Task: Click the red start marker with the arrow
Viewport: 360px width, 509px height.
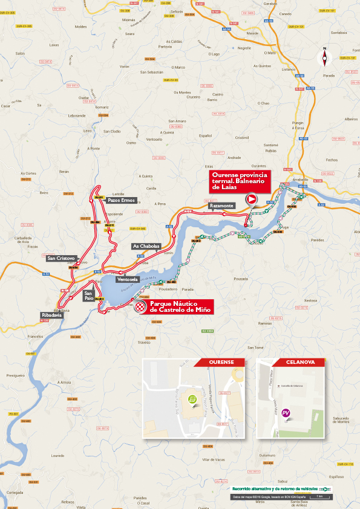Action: click(251, 199)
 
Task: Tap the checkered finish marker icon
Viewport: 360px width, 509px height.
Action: click(141, 307)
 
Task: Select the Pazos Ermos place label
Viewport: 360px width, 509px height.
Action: click(120, 200)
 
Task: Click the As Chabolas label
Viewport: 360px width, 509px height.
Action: click(146, 246)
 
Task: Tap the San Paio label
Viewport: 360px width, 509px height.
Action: click(89, 295)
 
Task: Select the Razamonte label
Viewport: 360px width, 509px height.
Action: click(221, 206)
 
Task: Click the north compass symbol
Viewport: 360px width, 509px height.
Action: click(326, 57)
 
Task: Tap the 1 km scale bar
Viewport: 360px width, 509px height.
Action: click(318, 497)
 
